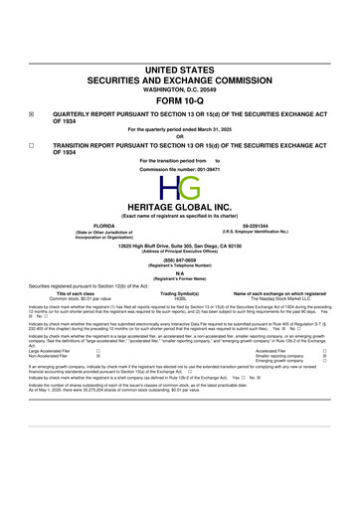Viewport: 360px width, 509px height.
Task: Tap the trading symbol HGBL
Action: pyautogui.click(x=180, y=299)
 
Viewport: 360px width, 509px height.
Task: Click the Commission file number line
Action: pyautogui.click(x=180, y=167)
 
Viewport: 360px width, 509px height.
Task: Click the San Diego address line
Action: pyautogui.click(x=180, y=245)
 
